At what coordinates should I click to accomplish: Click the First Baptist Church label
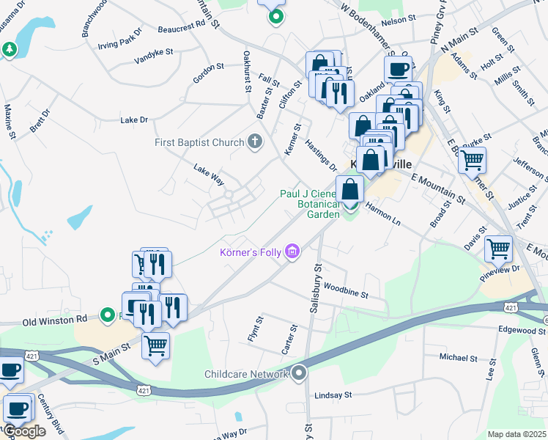click(199, 142)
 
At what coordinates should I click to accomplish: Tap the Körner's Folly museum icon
click(292, 252)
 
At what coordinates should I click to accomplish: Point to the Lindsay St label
click(333, 395)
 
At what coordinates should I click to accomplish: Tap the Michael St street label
click(458, 358)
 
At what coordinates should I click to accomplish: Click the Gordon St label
click(208, 67)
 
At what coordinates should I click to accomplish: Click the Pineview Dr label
click(501, 269)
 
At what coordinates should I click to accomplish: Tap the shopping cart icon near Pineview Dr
click(498, 249)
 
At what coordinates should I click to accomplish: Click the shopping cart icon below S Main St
click(155, 345)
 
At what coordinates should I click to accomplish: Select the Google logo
click(23, 431)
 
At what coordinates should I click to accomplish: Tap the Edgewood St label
click(523, 330)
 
